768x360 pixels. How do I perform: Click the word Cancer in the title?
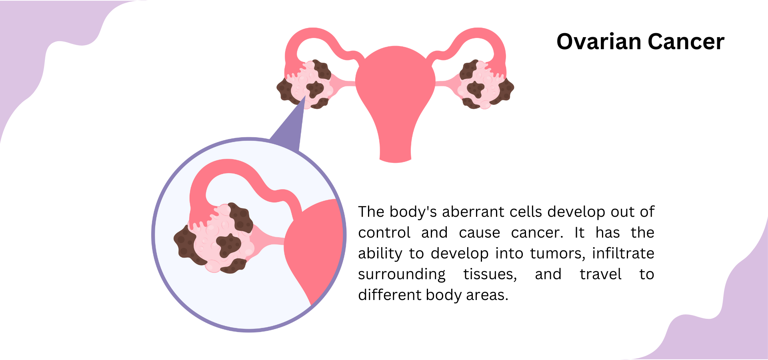click(x=686, y=42)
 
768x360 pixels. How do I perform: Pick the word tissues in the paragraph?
click(x=490, y=274)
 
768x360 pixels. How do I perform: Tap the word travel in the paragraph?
click(x=600, y=274)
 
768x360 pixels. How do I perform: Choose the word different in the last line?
click(x=390, y=295)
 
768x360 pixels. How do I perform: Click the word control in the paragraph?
click(x=384, y=233)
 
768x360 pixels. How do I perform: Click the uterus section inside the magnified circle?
click(x=316, y=248)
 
